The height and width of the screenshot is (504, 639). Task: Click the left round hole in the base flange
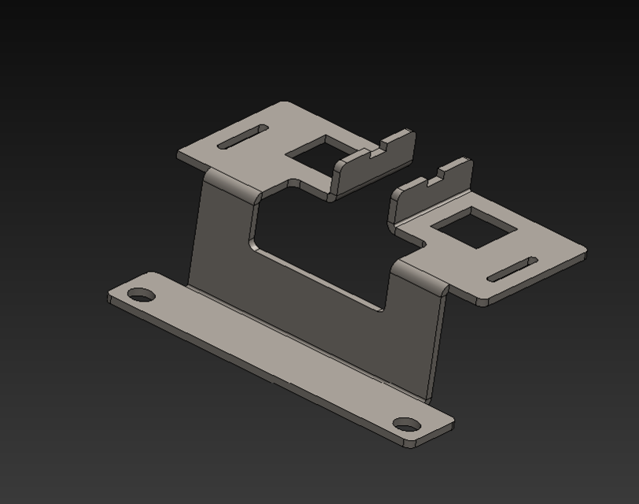click(x=142, y=295)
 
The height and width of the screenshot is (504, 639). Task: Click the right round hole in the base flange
click(x=406, y=426)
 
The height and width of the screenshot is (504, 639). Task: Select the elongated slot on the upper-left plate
click(x=242, y=136)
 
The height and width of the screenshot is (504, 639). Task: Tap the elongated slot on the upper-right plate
click(x=512, y=269)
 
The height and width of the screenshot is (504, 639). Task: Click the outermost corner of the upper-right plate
click(x=583, y=253)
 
